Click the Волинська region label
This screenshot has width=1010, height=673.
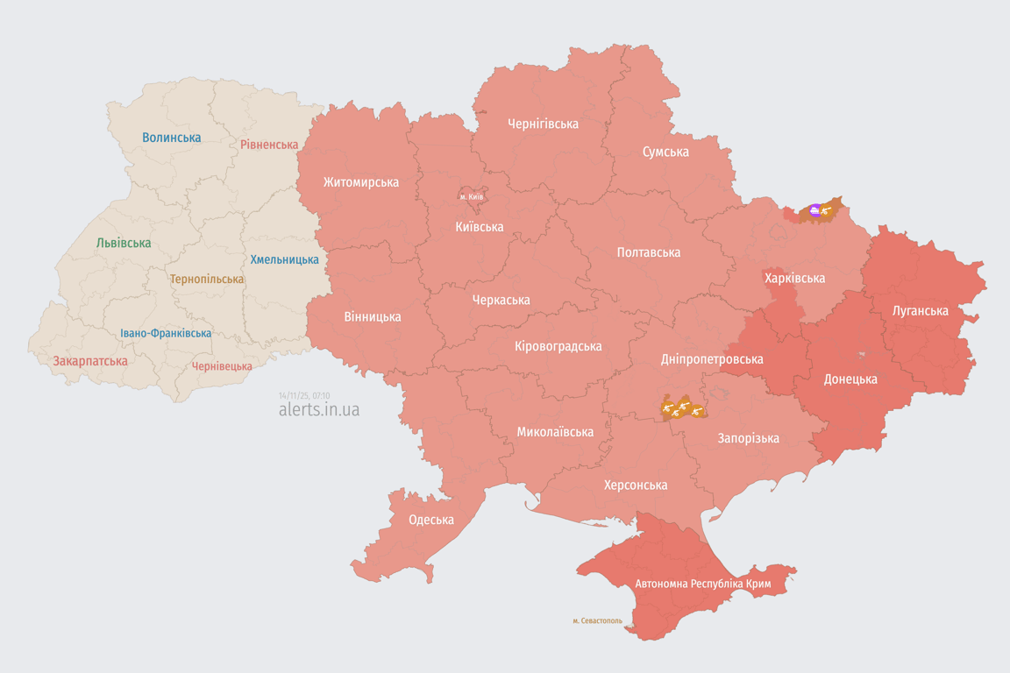coord(172,138)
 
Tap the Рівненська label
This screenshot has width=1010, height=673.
coord(269,145)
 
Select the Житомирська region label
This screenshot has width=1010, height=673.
coord(360,182)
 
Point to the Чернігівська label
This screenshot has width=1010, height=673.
coord(543,124)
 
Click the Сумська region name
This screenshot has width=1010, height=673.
coord(665,152)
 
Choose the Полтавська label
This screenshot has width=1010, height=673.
coord(648,252)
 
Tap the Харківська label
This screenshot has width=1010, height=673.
coord(794,278)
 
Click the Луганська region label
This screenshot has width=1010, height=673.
coord(920,310)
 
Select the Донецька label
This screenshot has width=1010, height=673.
coord(850,379)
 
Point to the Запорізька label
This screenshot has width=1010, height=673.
coord(748,438)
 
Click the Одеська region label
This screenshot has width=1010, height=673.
coord(431,520)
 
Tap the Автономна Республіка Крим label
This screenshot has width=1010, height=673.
coord(702,583)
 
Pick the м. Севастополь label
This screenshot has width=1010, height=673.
coord(597,620)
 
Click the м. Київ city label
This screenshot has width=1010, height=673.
coord(472,196)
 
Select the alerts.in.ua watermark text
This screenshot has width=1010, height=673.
coord(318,409)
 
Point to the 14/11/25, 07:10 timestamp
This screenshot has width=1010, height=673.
coord(304,395)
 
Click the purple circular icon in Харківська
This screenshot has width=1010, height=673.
coord(815,210)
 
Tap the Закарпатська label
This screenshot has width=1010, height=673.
coord(90,361)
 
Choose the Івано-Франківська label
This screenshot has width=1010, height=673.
coord(166,333)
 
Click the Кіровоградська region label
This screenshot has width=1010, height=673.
coord(558,346)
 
